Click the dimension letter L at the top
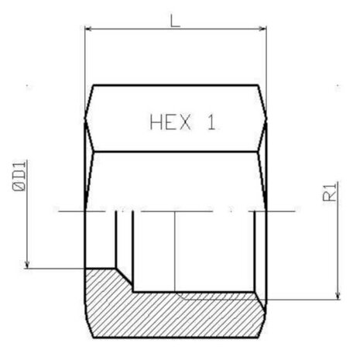click(x=175, y=21)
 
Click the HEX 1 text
click(x=183, y=122)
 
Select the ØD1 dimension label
click(x=19, y=176)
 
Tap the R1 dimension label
click(x=330, y=192)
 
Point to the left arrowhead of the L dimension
click(x=88, y=29)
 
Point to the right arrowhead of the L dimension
click(x=262, y=29)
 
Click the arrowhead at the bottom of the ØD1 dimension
click(x=27, y=265)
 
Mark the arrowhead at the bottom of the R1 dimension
click(x=338, y=296)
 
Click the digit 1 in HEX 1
click(x=211, y=122)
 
